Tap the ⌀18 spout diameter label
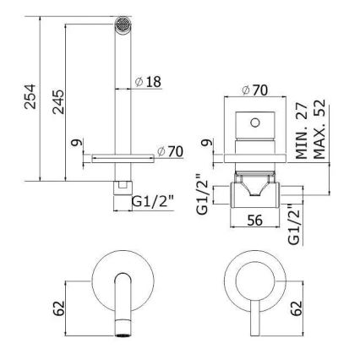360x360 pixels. (148, 82)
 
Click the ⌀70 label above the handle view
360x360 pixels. (254, 89)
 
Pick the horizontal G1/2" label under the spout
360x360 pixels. (151, 200)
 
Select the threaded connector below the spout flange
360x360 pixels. (123, 178)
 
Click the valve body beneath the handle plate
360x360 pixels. (249, 188)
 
